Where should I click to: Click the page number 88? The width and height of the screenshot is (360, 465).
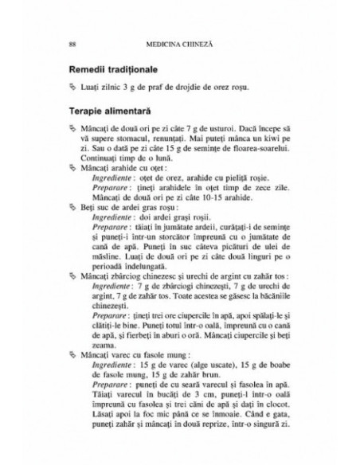click(74, 43)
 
